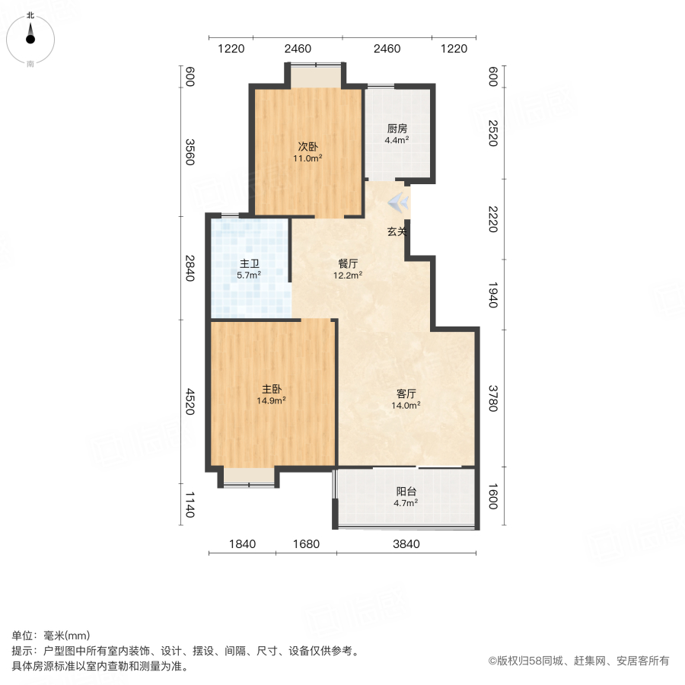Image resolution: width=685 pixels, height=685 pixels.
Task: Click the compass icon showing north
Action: [30, 36]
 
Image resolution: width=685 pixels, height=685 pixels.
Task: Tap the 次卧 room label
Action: [308, 146]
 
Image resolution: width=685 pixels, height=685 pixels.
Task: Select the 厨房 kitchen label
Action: [397, 128]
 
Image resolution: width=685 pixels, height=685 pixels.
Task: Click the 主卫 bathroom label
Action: [250, 263]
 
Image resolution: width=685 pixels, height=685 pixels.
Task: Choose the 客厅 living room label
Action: [406, 393]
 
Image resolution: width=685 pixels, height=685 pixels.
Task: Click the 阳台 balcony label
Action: [406, 491]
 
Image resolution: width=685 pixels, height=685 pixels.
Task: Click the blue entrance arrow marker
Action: [400, 203]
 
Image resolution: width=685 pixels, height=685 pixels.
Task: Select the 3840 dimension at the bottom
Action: [406, 544]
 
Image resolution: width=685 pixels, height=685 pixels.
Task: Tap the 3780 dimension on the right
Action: [492, 399]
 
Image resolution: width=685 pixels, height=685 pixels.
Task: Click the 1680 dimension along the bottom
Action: [306, 544]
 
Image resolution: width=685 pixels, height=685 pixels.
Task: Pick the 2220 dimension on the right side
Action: [492, 220]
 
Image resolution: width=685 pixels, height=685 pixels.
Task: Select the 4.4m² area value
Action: [397, 140]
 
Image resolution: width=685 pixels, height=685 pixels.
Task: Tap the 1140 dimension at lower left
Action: [190, 505]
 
